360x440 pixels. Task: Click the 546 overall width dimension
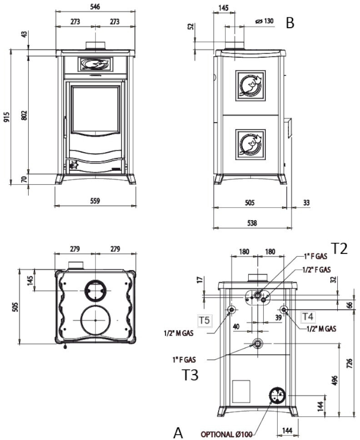pos(95,7)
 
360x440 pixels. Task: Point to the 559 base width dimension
pos(95,200)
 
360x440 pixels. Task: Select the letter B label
pos(290,23)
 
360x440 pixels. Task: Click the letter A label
pos(178,432)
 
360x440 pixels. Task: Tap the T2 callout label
pos(339,249)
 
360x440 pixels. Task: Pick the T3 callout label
pos(190,375)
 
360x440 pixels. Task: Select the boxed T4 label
pos(308,316)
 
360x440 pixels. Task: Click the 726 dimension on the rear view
pos(350,363)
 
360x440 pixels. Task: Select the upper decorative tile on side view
pos(250,85)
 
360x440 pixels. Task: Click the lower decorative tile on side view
pos(250,144)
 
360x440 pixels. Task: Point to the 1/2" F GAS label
pos(316,269)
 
